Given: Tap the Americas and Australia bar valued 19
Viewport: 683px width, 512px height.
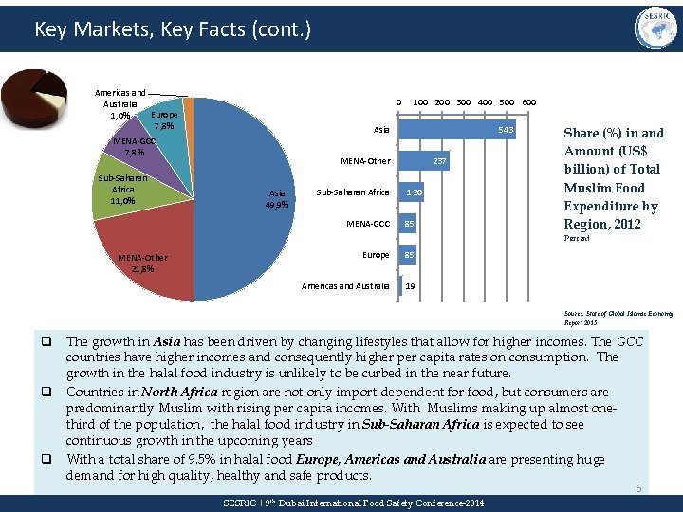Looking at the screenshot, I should coord(402,285).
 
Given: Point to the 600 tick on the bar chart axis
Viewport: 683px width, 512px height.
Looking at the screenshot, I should coord(529,101).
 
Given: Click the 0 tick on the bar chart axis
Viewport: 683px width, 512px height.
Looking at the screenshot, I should coord(399,101).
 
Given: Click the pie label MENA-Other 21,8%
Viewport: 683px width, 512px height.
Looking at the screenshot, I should coord(137,263).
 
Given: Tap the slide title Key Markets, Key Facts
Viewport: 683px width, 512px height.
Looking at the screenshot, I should coord(172,29).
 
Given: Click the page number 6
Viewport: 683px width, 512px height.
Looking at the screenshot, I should coord(638,488).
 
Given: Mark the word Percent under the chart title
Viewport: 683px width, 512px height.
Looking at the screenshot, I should coord(577,238).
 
